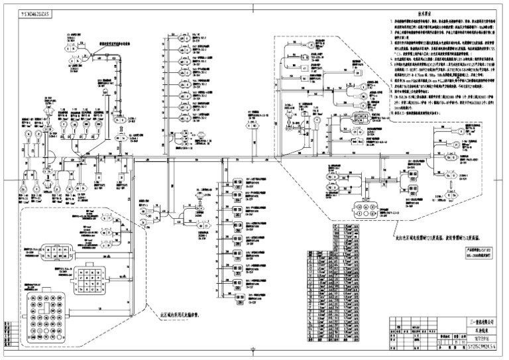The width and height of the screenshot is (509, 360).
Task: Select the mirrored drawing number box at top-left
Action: (28, 12)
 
